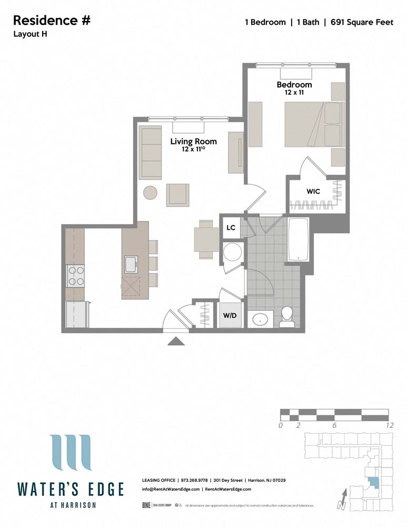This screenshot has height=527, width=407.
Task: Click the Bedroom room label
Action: (294, 84)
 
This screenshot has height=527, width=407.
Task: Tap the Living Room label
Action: (193, 141)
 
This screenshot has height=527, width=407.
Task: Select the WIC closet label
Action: (313, 191)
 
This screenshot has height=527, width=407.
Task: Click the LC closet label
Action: (231, 228)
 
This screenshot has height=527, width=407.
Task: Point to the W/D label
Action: (230, 316)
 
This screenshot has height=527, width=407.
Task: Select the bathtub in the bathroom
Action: (300, 240)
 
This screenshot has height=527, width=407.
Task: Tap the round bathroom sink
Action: (260, 319)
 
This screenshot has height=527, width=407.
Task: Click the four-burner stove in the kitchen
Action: (75, 275)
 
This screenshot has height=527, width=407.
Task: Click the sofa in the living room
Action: (151, 153)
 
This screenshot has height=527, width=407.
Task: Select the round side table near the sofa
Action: (151, 193)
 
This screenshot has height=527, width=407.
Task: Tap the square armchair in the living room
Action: (177, 195)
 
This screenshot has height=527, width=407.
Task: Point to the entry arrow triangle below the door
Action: (176, 341)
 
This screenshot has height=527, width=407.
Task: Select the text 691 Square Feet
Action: (362, 22)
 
